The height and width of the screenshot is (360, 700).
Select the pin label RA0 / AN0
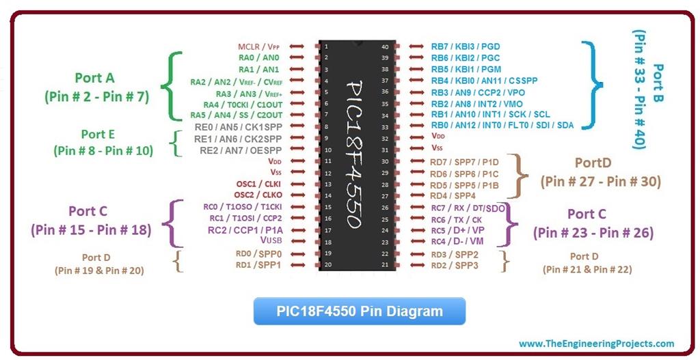tap(258, 58)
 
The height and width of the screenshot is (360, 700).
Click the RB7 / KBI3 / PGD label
tap(466, 46)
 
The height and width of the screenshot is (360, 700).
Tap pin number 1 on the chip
tap(327, 46)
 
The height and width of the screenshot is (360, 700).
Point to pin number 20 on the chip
tap(327, 264)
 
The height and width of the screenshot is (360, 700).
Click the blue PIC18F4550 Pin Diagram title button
tap(360, 311)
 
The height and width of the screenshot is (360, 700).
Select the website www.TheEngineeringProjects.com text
tap(596, 344)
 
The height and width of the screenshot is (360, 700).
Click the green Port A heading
tap(95, 78)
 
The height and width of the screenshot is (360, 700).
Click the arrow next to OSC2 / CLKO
tap(297, 195)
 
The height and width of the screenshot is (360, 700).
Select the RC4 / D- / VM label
tap(457, 241)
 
